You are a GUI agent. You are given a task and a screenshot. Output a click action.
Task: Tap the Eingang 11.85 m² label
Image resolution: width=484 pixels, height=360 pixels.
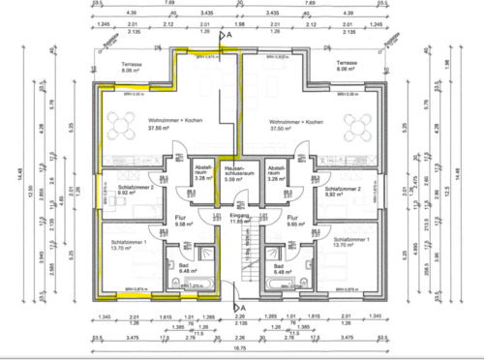[240, 222]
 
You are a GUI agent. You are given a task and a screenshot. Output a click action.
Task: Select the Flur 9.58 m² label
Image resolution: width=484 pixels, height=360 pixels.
[181, 222]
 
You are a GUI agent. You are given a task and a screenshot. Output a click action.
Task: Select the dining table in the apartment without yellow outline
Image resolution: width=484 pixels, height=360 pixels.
[359, 125]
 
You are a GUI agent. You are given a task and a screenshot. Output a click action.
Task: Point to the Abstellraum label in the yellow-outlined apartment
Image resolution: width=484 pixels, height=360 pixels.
[202, 170]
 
